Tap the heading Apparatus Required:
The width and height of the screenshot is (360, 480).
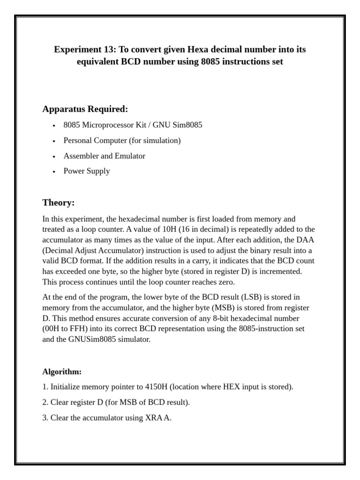(85, 109)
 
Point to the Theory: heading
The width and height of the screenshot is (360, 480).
(58, 202)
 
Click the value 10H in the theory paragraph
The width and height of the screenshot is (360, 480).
(191, 229)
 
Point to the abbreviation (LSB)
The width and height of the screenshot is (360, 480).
(253, 297)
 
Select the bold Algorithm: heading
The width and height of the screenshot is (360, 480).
(62, 372)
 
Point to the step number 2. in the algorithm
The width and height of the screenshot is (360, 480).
(45, 402)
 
